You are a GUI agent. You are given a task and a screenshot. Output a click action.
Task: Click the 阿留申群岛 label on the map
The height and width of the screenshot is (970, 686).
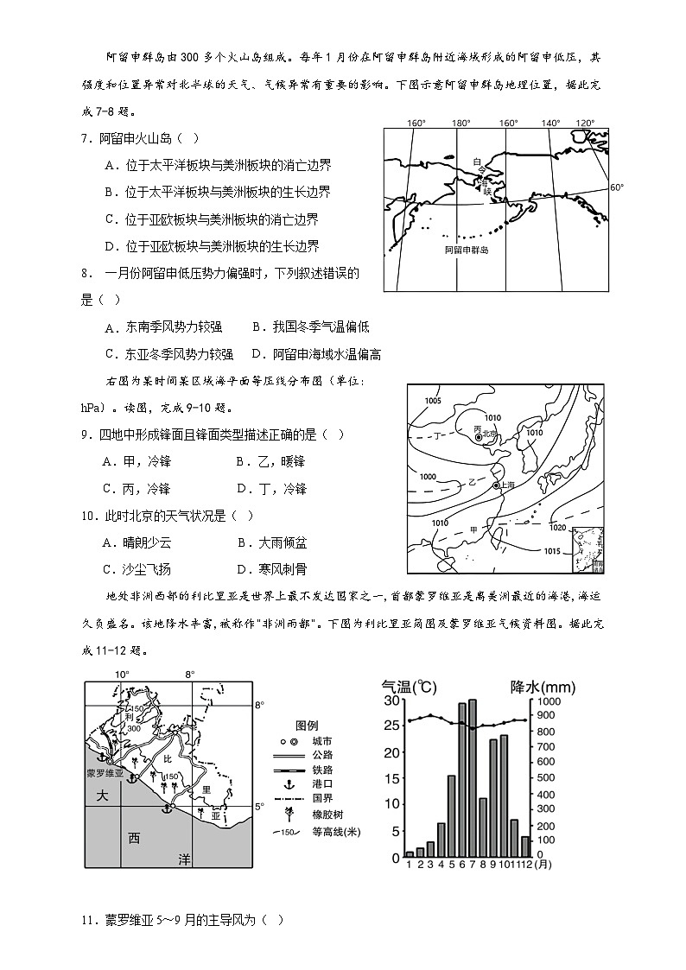pos(467,250)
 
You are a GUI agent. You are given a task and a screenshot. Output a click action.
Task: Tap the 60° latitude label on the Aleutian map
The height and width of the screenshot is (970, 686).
pos(616,187)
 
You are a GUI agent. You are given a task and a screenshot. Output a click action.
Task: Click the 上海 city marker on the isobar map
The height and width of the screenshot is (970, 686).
pos(497,485)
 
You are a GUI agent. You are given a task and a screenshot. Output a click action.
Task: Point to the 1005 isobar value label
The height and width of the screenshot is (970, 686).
pos(433,401)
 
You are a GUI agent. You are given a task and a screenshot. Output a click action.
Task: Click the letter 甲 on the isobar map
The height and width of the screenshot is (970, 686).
pos(473,529)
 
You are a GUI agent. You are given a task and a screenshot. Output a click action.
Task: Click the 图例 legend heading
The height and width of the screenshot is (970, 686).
pos(308,724)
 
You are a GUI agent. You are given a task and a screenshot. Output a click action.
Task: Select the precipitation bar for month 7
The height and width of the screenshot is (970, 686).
pos(472,777)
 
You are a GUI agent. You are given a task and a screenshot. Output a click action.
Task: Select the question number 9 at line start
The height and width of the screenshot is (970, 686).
pos(86,434)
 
